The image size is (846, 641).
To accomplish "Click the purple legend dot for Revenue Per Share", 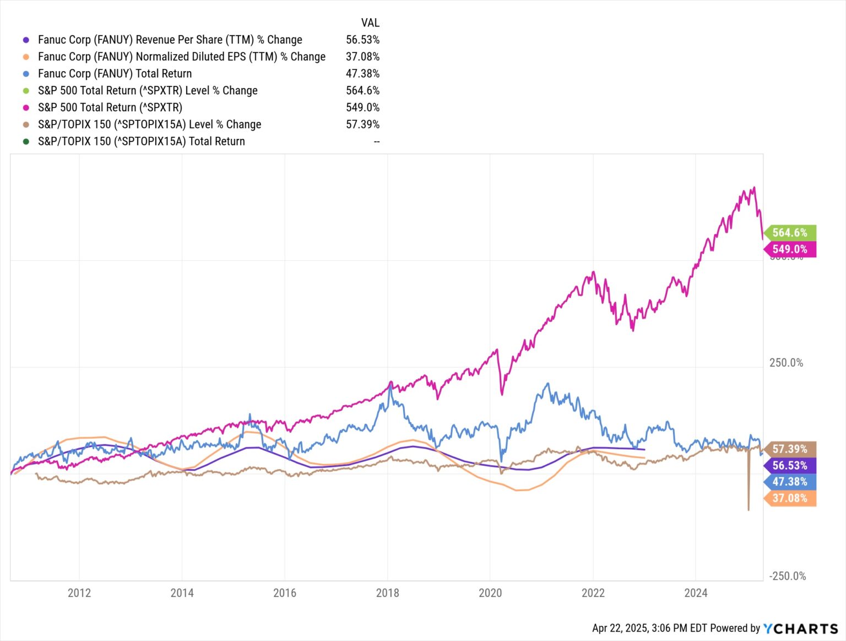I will click(26, 40).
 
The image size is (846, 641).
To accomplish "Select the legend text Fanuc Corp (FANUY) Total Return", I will click(115, 73).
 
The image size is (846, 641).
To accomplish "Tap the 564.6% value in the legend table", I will click(362, 90).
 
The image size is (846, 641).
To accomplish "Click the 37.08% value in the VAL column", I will click(362, 57).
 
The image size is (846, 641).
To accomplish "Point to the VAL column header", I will click(370, 23).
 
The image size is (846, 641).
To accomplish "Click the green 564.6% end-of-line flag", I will click(790, 233).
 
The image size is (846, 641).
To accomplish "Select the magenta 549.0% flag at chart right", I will click(790, 249).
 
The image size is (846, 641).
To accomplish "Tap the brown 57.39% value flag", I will click(790, 449).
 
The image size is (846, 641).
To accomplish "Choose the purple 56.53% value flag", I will click(790, 466).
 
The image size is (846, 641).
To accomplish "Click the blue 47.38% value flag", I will click(790, 482).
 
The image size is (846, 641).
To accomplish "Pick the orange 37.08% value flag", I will click(790, 498).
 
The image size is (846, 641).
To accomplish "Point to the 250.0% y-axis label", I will click(786, 363).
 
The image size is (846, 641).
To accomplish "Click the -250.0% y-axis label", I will click(788, 576).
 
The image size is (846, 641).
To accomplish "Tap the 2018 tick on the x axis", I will click(387, 593).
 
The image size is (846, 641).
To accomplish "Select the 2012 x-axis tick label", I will click(79, 593).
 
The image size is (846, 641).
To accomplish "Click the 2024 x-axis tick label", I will click(696, 593).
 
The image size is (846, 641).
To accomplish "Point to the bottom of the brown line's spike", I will click(749, 510).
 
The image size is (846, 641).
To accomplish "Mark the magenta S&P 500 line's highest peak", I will click(754, 187).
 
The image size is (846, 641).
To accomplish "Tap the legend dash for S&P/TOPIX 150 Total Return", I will click(377, 142).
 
